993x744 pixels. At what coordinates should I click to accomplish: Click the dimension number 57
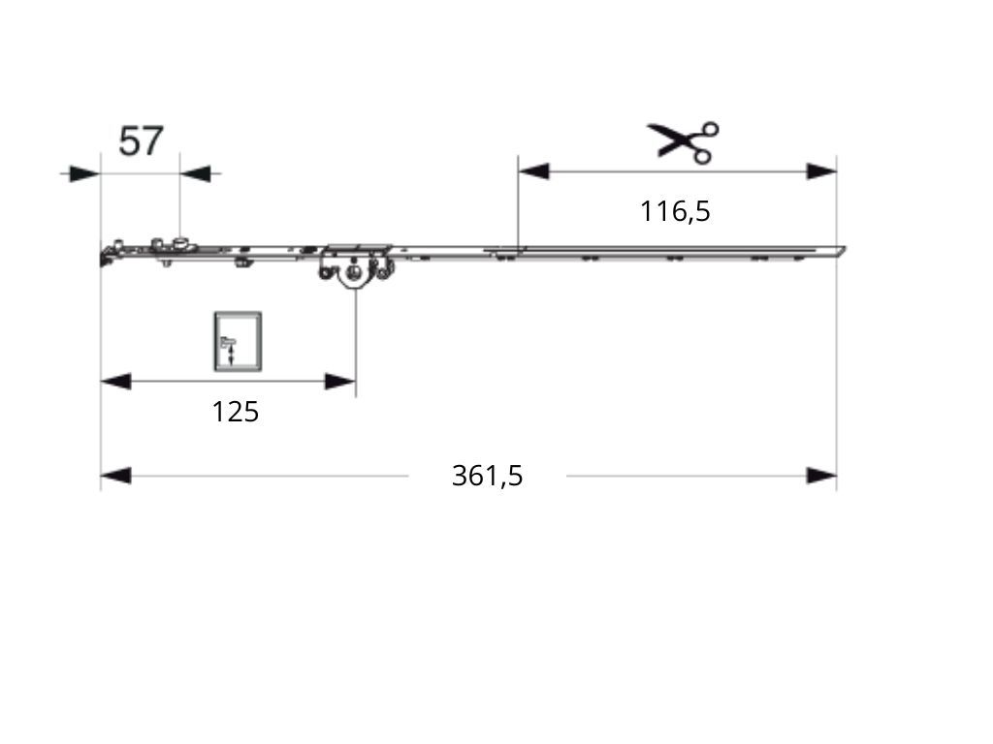pos(141,140)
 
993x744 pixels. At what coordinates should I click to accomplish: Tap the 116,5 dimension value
pos(675,211)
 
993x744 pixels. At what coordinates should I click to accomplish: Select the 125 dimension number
pos(235,412)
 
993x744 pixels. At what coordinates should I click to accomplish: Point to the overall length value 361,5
pos(487,476)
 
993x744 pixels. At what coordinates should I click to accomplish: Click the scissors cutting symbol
pos(683,141)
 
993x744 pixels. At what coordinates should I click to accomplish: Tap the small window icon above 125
pos(238,341)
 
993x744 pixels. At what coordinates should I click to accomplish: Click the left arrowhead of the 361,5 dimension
pos(116,476)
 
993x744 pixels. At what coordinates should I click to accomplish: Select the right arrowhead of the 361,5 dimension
pos(821,476)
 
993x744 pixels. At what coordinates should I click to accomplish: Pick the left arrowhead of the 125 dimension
pos(116,382)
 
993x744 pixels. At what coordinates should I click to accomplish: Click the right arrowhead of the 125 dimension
pos(340,382)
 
